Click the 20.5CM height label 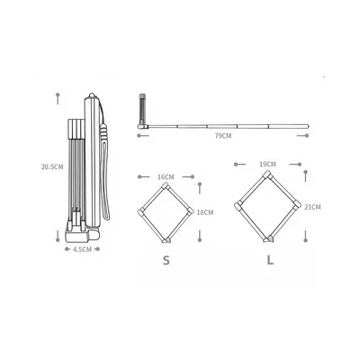coord(52,166)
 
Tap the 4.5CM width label coord(82,249)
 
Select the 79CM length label coord(223,136)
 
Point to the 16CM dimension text coord(166,177)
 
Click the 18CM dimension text coord(205,212)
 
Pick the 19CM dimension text coord(267,165)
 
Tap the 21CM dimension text coord(312,207)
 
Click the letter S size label coord(166,260)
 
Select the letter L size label coord(270,260)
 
